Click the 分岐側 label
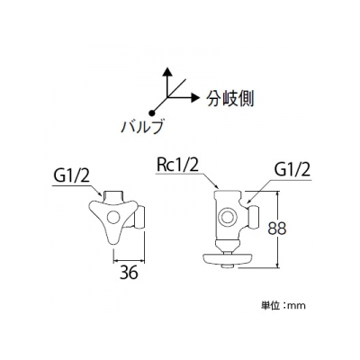[x=230, y=98]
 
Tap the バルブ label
[x=143, y=126]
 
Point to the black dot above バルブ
[x=152, y=112]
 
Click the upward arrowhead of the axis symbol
[x=168, y=72]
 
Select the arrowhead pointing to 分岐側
[x=195, y=97]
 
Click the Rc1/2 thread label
[x=177, y=166]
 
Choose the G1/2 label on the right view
[x=292, y=172]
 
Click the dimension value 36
[x=129, y=273]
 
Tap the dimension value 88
[x=277, y=229]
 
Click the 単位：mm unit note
[x=283, y=306]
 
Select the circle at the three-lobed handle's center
[x=113, y=217]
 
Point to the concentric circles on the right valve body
[x=228, y=217]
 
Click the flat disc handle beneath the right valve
[x=228, y=259]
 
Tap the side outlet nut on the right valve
[x=254, y=216]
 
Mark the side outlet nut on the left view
[x=140, y=217]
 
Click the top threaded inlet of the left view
[x=115, y=196]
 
